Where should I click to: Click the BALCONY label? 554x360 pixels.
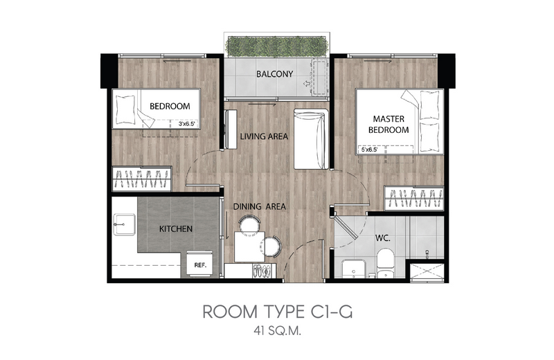tap(274, 74)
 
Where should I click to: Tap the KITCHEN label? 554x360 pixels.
tap(176, 229)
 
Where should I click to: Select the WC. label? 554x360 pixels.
tap(383, 238)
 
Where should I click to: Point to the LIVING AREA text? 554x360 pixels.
tap(264, 136)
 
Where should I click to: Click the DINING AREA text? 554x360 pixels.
tap(259, 207)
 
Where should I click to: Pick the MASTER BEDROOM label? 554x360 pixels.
tap(388, 125)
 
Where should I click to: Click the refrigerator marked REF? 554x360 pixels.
tap(199, 264)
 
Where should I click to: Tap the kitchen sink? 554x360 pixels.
tap(124, 224)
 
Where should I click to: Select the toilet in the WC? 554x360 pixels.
tap(385, 263)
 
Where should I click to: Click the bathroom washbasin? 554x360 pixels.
tap(355, 269)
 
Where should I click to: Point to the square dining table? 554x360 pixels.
tap(249, 246)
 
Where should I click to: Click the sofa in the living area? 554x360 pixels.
tap(311, 139)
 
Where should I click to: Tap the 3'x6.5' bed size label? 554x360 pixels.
tap(186, 124)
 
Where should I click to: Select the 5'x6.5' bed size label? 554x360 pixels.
tap(369, 150)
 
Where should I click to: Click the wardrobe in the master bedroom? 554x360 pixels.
tap(414, 198)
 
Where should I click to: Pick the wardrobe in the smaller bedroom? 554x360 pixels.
tap(142, 179)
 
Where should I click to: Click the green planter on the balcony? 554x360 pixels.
tap(277, 46)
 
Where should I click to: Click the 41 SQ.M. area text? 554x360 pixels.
tap(277, 331)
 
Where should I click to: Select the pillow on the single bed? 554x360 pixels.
tap(126, 109)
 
